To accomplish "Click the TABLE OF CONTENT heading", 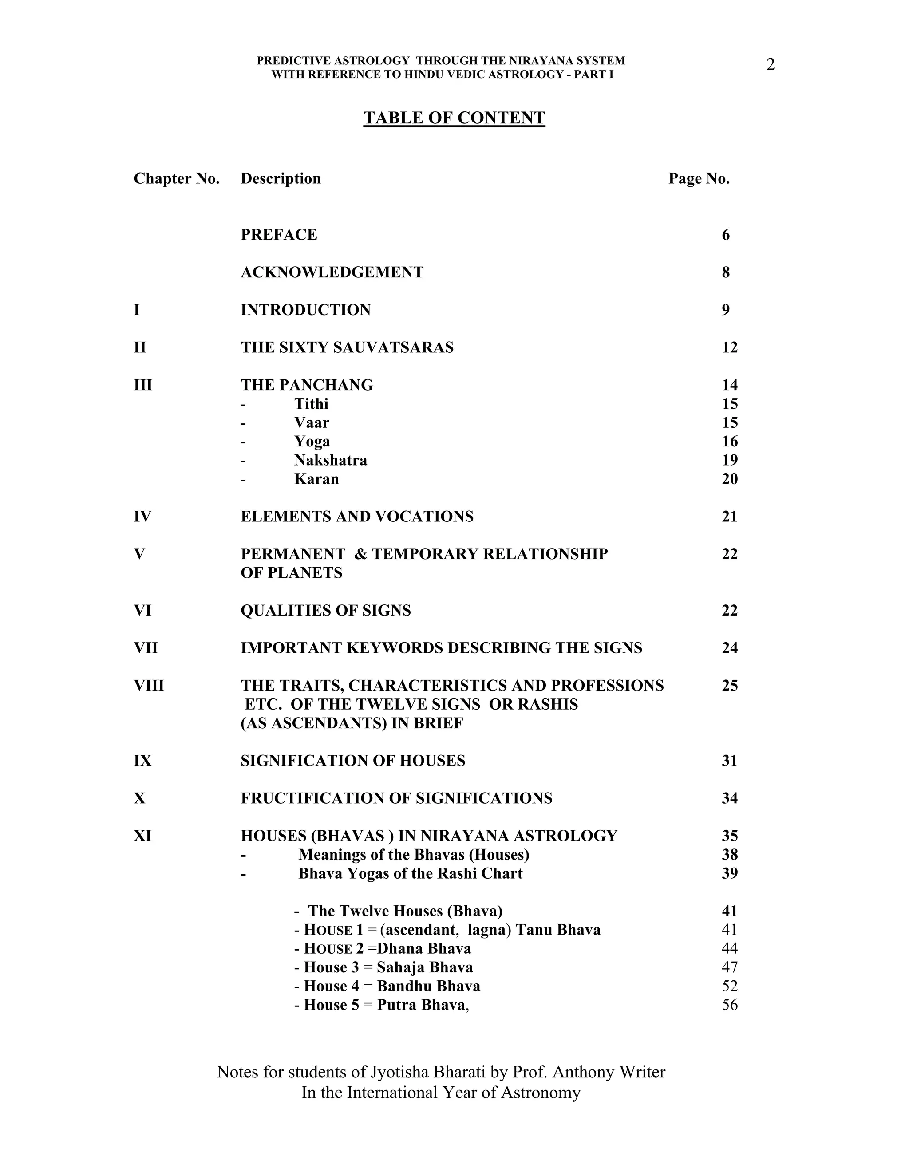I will [x=454, y=118].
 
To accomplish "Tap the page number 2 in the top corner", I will [x=770, y=65].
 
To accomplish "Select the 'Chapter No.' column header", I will [x=177, y=179].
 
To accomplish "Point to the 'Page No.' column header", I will [x=699, y=179].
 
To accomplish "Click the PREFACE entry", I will [x=279, y=235].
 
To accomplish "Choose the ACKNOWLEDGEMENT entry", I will [x=332, y=272].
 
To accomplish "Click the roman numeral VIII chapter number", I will [x=149, y=686].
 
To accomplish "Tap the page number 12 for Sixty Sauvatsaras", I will [x=730, y=348].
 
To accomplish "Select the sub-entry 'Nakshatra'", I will [x=330, y=460].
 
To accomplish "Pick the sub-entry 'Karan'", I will [x=316, y=479].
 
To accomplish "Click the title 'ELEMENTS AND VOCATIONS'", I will [x=357, y=517].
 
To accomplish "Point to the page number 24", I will [x=730, y=648].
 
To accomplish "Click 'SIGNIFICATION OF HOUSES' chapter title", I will [x=353, y=761].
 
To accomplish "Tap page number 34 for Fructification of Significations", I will [x=730, y=798].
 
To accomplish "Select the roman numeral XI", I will [x=143, y=836].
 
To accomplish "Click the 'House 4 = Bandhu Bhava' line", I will [x=387, y=987].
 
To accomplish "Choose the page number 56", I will [x=730, y=1005].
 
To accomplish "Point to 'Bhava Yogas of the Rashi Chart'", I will [x=411, y=873].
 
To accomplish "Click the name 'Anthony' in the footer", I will [x=584, y=1072].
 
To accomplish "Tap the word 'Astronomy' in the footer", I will [x=541, y=1093].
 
